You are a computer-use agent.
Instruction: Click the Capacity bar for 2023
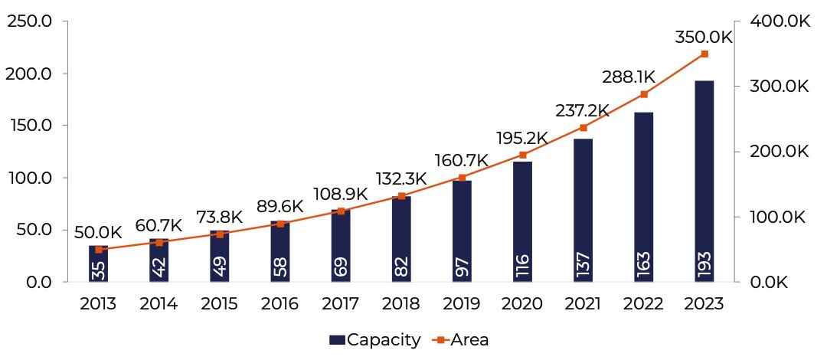[704, 181]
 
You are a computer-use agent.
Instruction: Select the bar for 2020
[523, 221]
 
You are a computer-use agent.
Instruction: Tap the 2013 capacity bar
[98, 263]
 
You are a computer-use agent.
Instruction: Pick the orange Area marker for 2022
[644, 94]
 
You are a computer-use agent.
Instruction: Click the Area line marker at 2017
[341, 211]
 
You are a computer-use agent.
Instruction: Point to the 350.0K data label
[704, 38]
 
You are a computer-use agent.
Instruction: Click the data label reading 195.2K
[521, 138]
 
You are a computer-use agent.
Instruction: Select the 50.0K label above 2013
[98, 232]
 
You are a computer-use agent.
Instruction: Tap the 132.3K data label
[401, 179]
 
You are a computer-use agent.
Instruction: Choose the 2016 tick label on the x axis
[280, 303]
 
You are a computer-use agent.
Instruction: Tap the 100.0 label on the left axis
[29, 178]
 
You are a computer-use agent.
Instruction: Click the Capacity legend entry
[375, 339]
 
